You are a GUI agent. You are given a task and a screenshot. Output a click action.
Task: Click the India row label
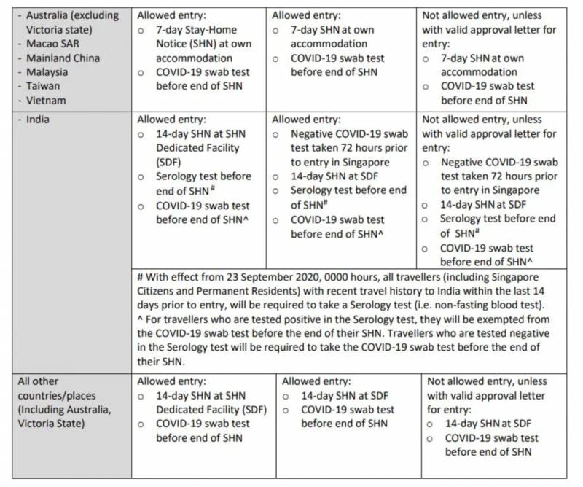pos(39,120)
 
